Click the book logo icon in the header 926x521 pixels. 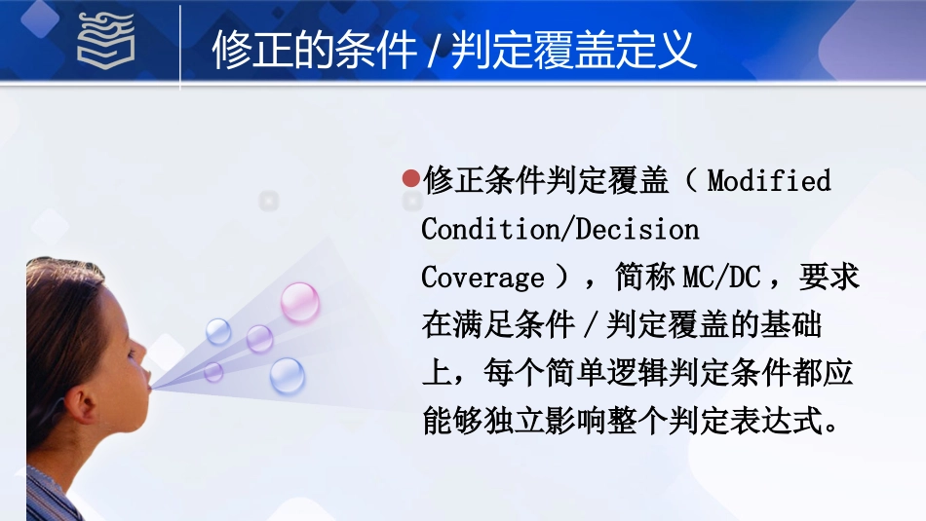point(106,43)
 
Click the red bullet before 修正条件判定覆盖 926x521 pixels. point(411,180)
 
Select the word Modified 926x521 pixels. point(769,181)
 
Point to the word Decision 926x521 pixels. point(637,230)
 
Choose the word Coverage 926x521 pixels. point(482,279)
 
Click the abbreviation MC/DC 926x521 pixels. point(720,279)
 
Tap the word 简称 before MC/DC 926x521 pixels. point(645,279)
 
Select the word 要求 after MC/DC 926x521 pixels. point(830,279)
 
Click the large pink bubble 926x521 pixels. point(300,302)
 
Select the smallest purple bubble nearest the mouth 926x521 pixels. point(213,371)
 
